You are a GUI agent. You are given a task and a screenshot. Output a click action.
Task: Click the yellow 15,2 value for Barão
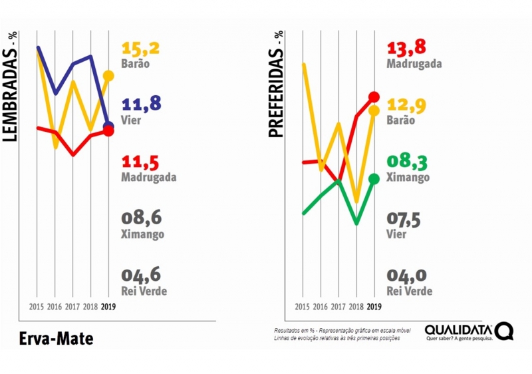click(x=141, y=49)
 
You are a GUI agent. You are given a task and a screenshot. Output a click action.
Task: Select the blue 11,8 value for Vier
click(x=141, y=105)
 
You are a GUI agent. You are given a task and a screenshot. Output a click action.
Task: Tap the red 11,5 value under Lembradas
click(x=141, y=162)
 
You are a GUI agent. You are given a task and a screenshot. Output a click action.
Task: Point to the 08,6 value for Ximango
click(x=142, y=218)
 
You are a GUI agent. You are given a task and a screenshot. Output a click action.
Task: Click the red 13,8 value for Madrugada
click(x=406, y=48)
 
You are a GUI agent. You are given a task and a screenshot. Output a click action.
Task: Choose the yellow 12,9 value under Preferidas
click(x=406, y=105)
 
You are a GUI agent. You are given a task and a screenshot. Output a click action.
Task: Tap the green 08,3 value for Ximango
click(x=406, y=162)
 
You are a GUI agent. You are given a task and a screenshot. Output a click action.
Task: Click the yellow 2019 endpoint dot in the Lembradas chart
click(x=108, y=76)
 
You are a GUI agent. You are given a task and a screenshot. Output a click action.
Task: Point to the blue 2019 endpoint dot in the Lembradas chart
click(x=108, y=126)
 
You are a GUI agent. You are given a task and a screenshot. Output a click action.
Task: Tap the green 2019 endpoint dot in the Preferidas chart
click(x=374, y=178)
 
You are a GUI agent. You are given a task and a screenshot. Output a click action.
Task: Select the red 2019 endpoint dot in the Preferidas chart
click(x=374, y=97)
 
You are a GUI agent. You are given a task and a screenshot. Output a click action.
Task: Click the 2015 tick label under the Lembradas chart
click(x=37, y=307)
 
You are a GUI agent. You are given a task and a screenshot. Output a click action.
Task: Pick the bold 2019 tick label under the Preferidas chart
click(x=374, y=307)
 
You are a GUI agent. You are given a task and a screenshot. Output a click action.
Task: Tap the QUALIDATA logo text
click(x=459, y=329)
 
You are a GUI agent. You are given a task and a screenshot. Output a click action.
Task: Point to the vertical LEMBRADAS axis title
click(x=11, y=93)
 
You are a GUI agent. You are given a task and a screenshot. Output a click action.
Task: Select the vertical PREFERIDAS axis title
click(x=277, y=85)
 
